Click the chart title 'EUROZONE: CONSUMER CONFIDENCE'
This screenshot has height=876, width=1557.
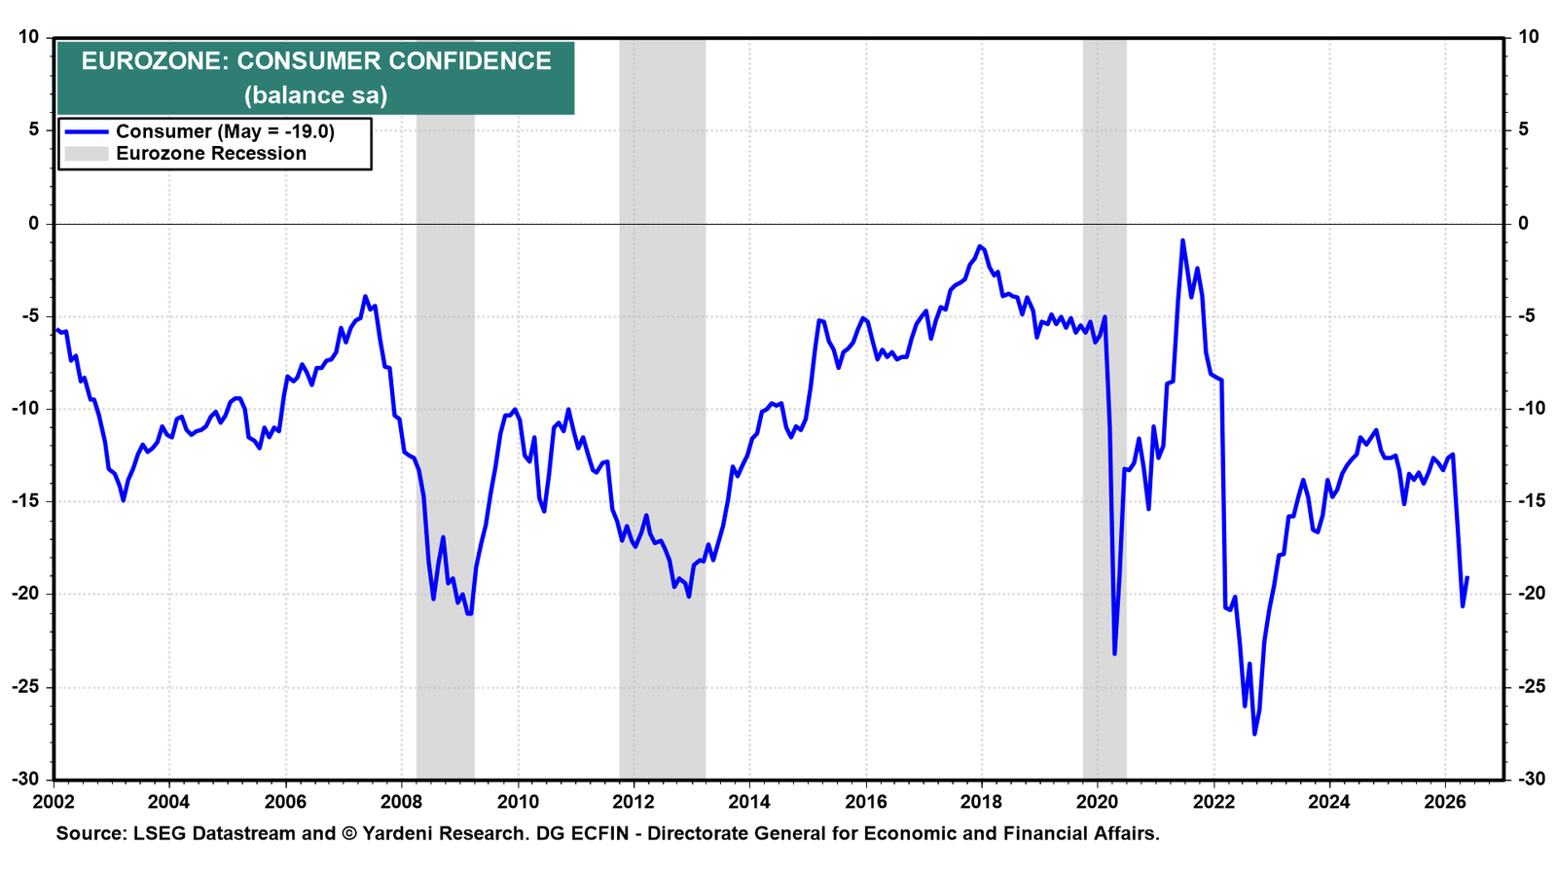316,61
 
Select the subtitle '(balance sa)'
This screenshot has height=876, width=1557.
315,94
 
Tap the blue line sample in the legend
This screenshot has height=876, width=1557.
87,131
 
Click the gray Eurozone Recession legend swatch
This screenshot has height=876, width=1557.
87,153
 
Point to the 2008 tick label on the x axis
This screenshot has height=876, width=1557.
402,802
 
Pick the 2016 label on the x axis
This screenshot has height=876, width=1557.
866,802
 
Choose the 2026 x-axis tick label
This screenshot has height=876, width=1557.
1446,802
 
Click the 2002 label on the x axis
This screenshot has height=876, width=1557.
54,802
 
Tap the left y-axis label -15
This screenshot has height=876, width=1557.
25,501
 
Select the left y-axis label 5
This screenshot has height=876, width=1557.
33,130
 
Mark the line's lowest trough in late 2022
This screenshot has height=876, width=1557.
1254,734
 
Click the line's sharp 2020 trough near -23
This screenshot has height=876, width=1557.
1114,654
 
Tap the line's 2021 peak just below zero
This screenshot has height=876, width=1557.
1182,240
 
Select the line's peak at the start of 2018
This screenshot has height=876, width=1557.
979,246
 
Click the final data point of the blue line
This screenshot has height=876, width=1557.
1467,577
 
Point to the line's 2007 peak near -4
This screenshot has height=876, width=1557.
365,296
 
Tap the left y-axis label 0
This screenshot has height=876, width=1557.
33,223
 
